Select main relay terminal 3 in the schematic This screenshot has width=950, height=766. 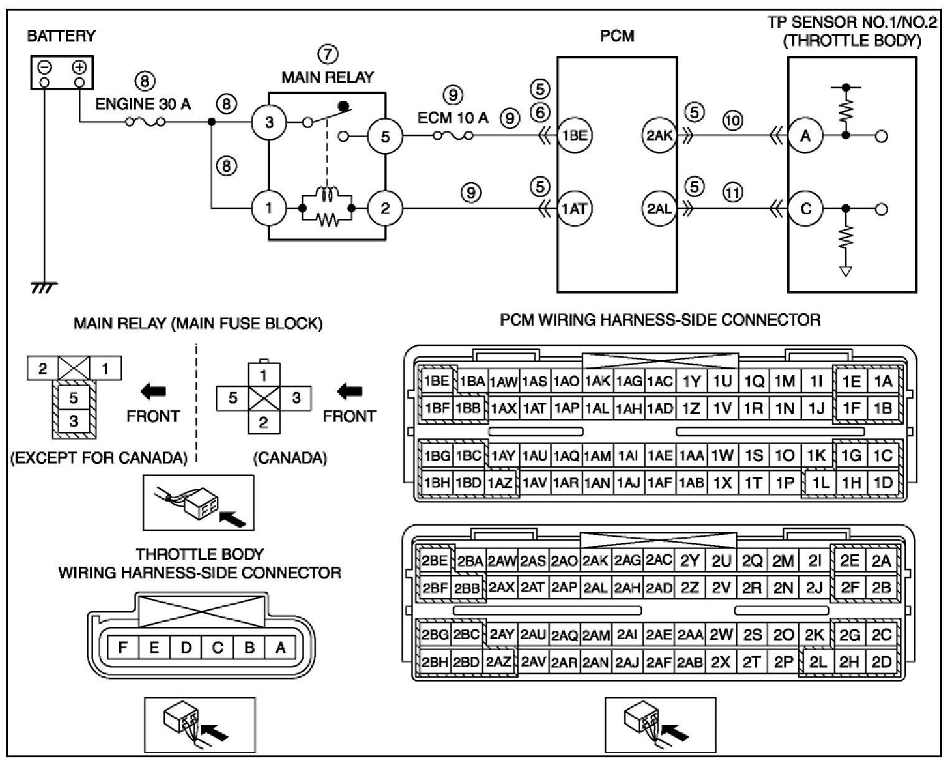click(269, 122)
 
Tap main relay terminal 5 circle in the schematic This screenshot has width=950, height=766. click(385, 135)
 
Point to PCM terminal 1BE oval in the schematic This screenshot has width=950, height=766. click(574, 135)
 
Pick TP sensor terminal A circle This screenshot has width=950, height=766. click(806, 135)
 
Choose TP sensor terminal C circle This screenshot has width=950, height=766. click(806, 209)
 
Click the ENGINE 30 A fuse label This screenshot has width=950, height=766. click(143, 104)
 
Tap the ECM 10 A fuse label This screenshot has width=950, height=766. click(453, 118)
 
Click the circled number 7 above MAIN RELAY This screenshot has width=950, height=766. click(327, 55)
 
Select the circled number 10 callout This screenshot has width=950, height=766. click(733, 120)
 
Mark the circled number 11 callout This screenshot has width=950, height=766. click(733, 193)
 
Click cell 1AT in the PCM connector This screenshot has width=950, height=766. click(534, 409)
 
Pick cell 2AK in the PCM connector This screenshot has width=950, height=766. click(596, 560)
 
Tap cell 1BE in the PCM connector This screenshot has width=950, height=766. click(436, 381)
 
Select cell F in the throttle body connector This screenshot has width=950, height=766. click(123, 648)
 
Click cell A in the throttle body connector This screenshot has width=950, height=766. click(281, 648)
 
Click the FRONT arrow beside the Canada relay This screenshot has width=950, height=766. click(350, 392)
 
